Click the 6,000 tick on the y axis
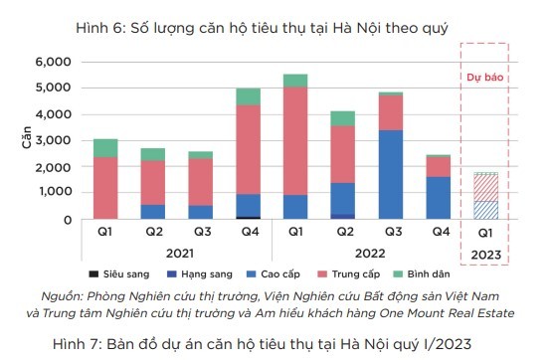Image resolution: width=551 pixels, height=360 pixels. pos(53,62)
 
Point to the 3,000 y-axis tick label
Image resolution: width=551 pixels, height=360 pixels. pos(53,140)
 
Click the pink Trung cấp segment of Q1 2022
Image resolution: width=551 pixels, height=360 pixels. pos(295,140)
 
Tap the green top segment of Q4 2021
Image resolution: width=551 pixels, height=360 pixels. pos(249,96)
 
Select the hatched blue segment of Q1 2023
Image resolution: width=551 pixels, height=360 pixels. pos(486,210)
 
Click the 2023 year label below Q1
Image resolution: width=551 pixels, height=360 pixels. pos(486,254)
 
